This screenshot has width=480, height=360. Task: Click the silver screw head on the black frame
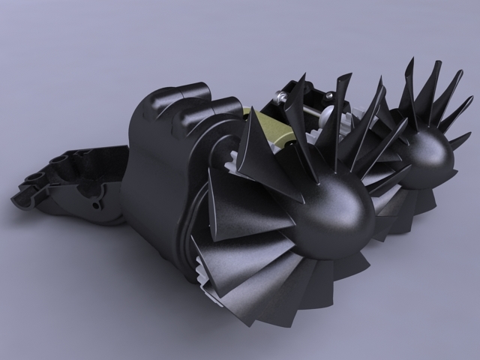[x=328, y=96]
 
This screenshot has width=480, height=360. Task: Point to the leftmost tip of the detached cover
[x=13, y=199]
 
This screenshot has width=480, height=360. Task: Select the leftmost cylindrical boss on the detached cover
[x=31, y=180]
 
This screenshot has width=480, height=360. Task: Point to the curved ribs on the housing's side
[x=187, y=225]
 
